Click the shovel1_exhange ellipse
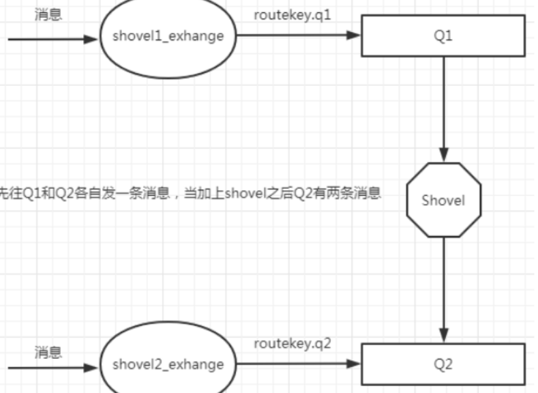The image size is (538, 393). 167,36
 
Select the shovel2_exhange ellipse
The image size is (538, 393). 167,364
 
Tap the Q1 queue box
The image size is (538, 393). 443,37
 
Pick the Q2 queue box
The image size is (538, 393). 443,364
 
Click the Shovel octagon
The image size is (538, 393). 443,200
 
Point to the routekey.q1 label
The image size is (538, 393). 293,15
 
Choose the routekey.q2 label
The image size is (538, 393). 293,344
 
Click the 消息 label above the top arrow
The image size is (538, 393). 48,14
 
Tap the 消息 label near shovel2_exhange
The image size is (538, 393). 48,352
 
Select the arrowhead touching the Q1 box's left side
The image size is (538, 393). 353,36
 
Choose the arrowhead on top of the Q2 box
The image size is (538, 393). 444,337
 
